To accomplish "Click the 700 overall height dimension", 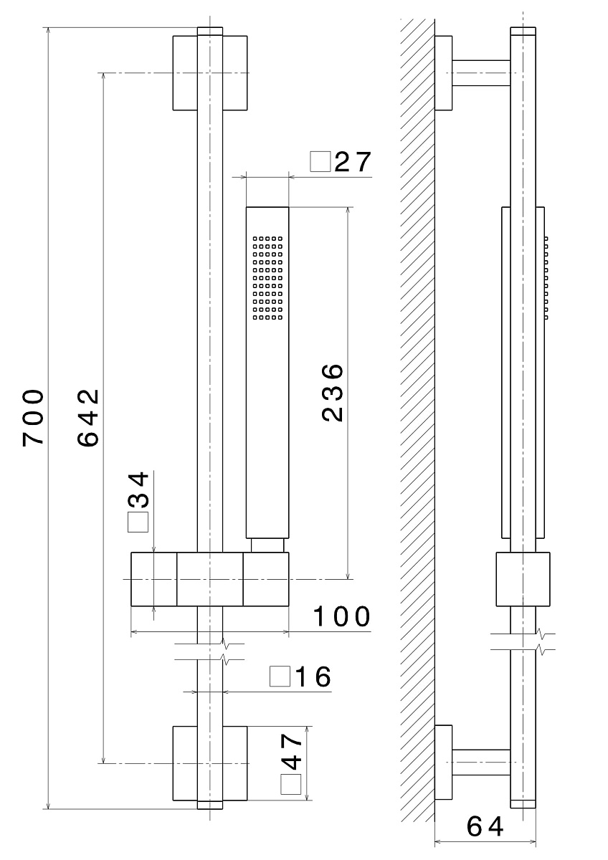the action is click(x=33, y=418).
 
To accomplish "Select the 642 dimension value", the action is click(x=88, y=418).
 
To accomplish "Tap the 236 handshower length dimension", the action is click(x=333, y=393).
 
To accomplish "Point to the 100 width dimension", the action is click(x=341, y=616).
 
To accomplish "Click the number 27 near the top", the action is click(x=353, y=162).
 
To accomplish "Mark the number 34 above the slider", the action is click(x=138, y=490).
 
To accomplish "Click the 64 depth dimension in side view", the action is click(x=485, y=826).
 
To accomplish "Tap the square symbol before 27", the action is click(x=320, y=162).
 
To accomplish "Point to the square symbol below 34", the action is click(x=138, y=522).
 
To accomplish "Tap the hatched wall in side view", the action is click(x=417, y=419).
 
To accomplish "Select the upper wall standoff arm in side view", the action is click(x=481, y=73).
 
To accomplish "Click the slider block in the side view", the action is click(x=523, y=579).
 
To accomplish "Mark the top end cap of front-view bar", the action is click(x=210, y=31).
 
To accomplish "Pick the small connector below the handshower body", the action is click(x=267, y=545).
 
